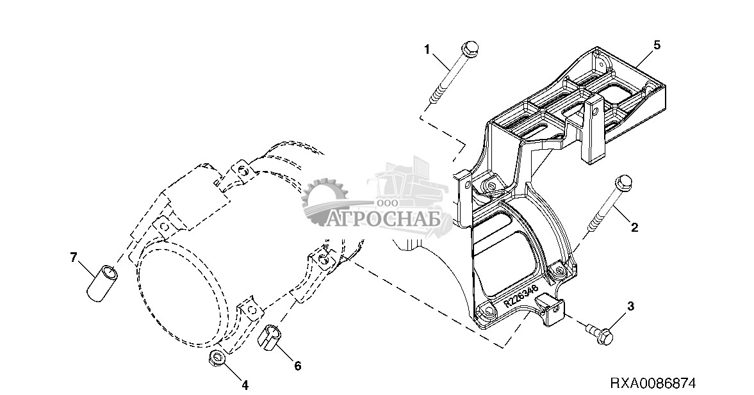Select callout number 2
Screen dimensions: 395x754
point(634,227)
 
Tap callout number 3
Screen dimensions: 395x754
point(630,306)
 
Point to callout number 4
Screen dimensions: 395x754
point(245,385)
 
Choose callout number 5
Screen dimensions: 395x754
point(657,45)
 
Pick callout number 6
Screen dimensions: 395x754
point(297,366)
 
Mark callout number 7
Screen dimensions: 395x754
point(74,257)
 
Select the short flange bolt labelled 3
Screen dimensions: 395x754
point(600,333)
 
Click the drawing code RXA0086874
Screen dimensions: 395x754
point(652,383)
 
